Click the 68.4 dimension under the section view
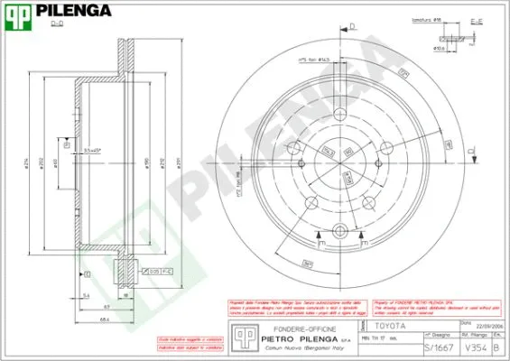(x=105, y=319)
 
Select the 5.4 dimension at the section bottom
(x=85, y=295)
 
